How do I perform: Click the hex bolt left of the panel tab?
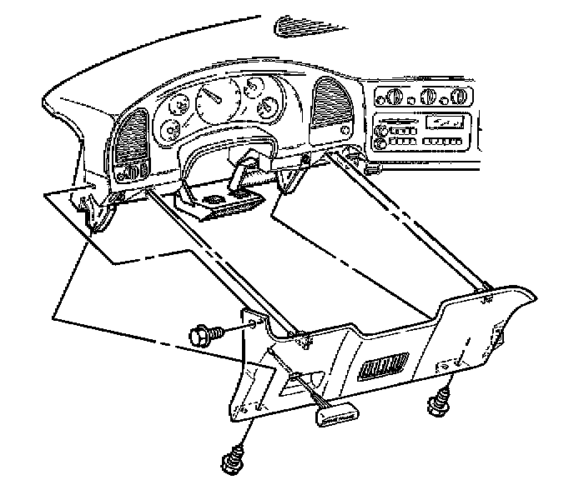click(203, 335)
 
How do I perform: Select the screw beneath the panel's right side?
click(436, 407)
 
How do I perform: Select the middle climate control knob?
click(429, 95)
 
